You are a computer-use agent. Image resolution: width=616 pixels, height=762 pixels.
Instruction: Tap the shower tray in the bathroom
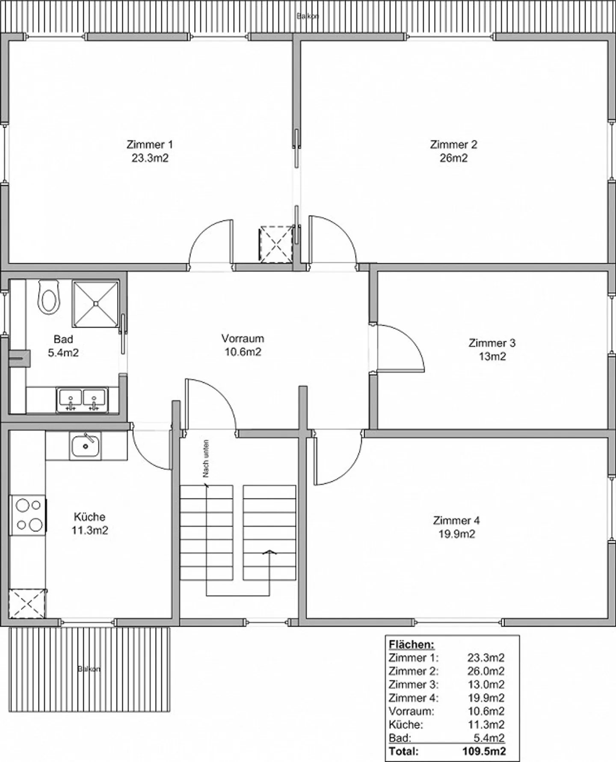coord(95,303)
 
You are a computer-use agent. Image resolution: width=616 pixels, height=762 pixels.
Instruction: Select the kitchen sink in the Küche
coord(86,446)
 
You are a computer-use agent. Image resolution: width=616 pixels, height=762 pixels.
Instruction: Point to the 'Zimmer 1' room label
coord(149,144)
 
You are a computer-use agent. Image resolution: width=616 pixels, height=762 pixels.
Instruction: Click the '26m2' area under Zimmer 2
coord(453,158)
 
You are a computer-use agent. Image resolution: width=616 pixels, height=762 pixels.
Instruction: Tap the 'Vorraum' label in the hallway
coord(243,338)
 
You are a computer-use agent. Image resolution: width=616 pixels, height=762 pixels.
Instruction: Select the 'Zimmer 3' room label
coord(492,343)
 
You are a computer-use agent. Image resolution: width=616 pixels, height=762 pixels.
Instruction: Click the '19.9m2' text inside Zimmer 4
coord(456,534)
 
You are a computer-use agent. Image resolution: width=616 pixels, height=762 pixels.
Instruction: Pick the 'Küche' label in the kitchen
coord(89,516)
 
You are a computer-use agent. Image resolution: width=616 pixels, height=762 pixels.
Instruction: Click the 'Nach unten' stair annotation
coord(206,459)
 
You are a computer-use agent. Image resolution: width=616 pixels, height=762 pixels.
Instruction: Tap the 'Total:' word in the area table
coord(403,750)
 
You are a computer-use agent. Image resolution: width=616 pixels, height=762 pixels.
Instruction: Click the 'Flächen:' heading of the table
coord(411,644)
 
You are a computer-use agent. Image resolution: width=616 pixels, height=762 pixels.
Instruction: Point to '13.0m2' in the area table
coord(486,684)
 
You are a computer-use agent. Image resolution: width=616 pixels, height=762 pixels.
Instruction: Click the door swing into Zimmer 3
coord(400,347)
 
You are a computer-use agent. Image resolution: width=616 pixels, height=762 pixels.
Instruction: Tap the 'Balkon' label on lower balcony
coord(89,669)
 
